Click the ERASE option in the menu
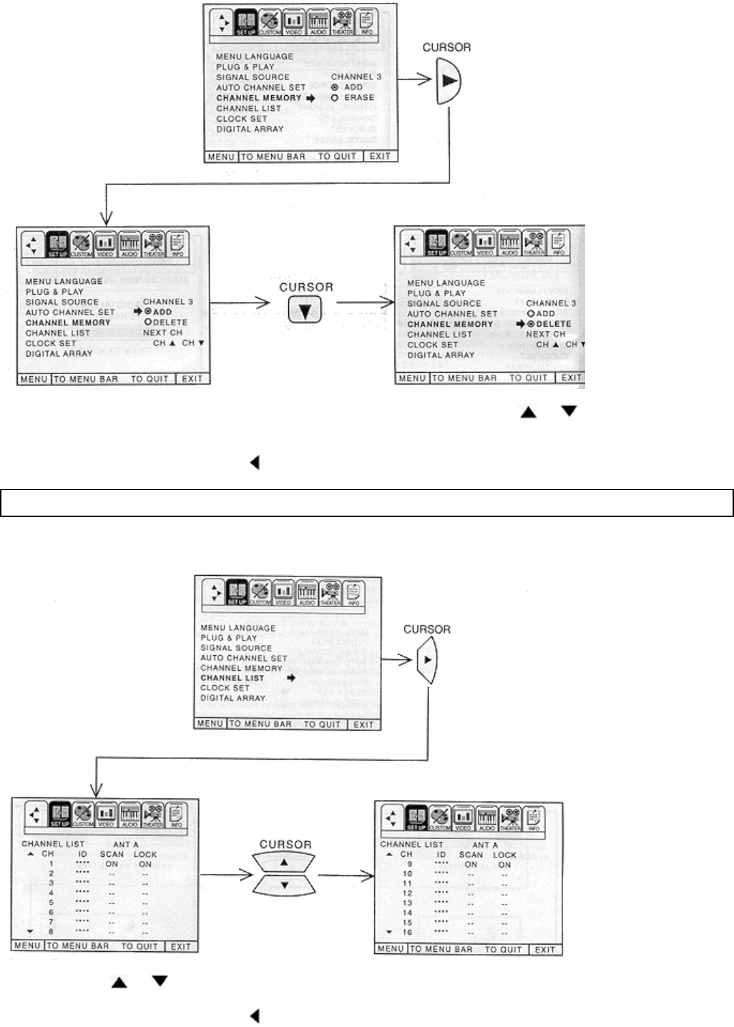coord(358,98)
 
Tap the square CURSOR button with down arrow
coord(305,309)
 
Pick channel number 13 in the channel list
coord(407,903)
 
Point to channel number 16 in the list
coord(407,933)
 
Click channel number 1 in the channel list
coord(51,864)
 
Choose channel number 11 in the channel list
coord(407,884)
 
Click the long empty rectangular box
coord(367,503)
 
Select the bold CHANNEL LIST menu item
coord(233,678)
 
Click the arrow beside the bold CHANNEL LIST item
coord(291,678)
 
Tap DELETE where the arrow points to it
coord(553,324)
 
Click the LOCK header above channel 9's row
coord(504,855)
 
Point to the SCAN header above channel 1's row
coord(112,854)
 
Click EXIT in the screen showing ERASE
coord(380,156)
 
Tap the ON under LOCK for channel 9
coord(504,865)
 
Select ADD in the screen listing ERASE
coord(353,87)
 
